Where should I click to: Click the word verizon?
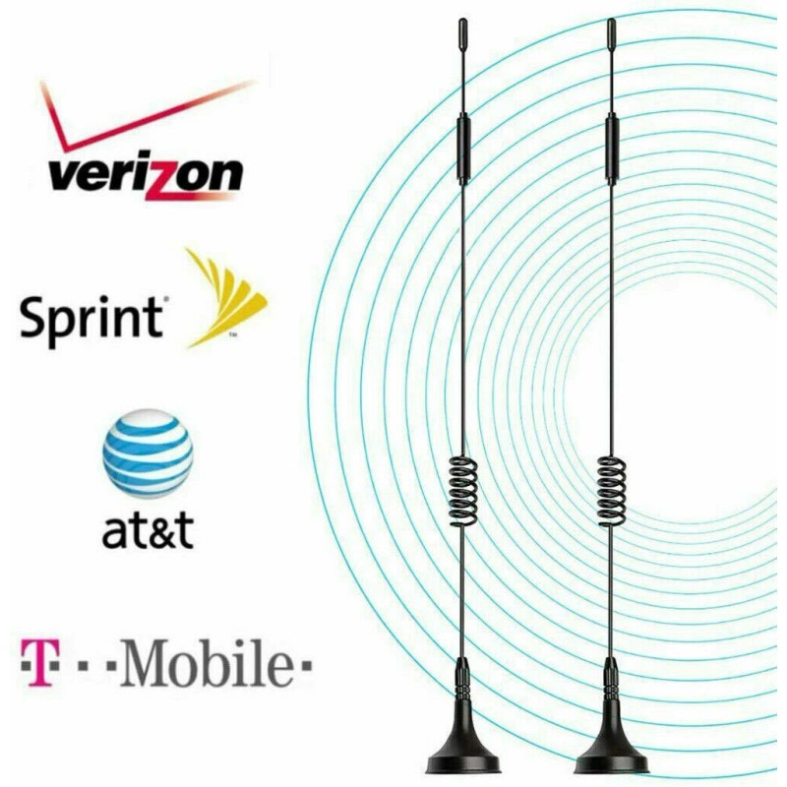tap(146, 176)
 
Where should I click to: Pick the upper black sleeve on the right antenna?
tap(611, 148)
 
